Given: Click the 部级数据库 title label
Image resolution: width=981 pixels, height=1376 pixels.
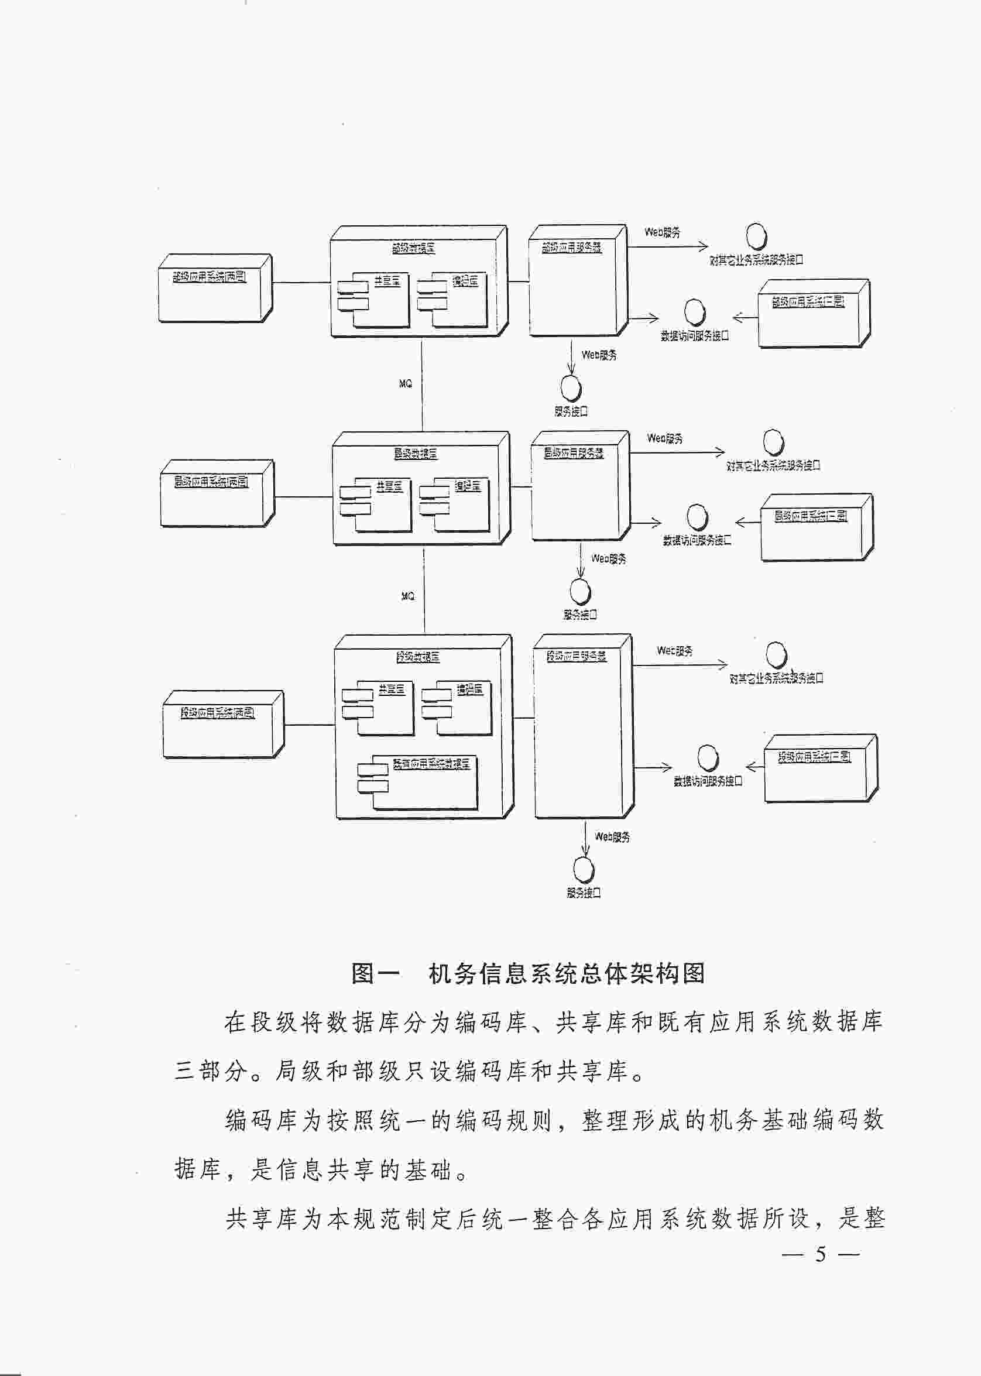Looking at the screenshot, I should pos(413,248).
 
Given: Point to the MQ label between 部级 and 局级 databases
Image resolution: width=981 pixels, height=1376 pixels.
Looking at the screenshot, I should pos(405,383).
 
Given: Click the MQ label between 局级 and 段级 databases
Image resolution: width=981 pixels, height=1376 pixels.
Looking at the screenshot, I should pos(408,596).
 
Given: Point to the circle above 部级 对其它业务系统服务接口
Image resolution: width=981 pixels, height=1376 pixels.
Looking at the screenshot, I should pos(756,236).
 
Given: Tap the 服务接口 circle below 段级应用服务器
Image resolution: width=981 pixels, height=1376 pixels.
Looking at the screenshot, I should pos(584,870).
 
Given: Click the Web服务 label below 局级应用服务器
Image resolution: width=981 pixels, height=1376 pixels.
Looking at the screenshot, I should pos(608,559).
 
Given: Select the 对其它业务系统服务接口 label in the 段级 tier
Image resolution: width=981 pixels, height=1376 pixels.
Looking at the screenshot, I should pos(776,678).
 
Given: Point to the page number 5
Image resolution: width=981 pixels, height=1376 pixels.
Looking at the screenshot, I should pos(819,1254).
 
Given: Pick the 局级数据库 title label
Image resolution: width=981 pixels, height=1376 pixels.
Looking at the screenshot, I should pos(416,453).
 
